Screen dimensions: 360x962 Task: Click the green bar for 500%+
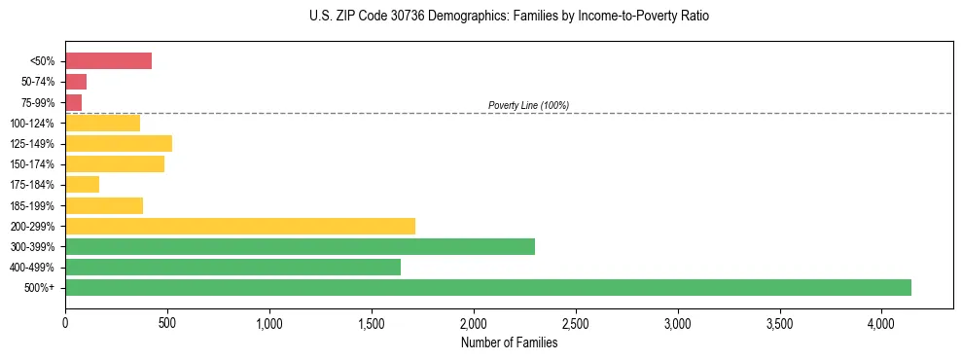click(x=488, y=287)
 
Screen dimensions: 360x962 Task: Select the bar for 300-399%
click(x=300, y=246)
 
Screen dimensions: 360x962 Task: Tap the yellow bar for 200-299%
click(x=240, y=226)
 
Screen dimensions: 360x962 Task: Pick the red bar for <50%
click(x=108, y=61)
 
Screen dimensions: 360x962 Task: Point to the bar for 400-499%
click(x=232, y=267)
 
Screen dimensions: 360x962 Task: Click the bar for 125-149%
click(x=119, y=144)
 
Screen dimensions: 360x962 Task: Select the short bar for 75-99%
click(x=73, y=102)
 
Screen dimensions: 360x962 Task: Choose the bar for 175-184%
click(x=82, y=185)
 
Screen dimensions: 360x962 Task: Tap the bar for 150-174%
click(x=115, y=164)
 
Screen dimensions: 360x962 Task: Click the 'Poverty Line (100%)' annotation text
click(x=528, y=105)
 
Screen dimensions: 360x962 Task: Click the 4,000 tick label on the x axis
click(x=881, y=323)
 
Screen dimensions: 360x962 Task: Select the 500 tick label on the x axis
click(x=167, y=323)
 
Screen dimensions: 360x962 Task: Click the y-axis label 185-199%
click(x=32, y=205)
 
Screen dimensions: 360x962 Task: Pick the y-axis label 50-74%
click(x=37, y=82)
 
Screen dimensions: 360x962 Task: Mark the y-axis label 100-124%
click(x=32, y=124)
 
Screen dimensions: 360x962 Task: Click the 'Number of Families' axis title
click(x=509, y=342)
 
